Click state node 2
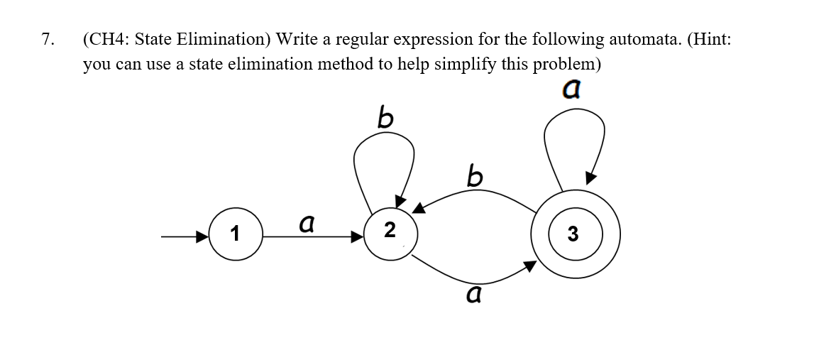coord(389,230)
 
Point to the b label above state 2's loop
coord(386,116)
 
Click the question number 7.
coord(47,39)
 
